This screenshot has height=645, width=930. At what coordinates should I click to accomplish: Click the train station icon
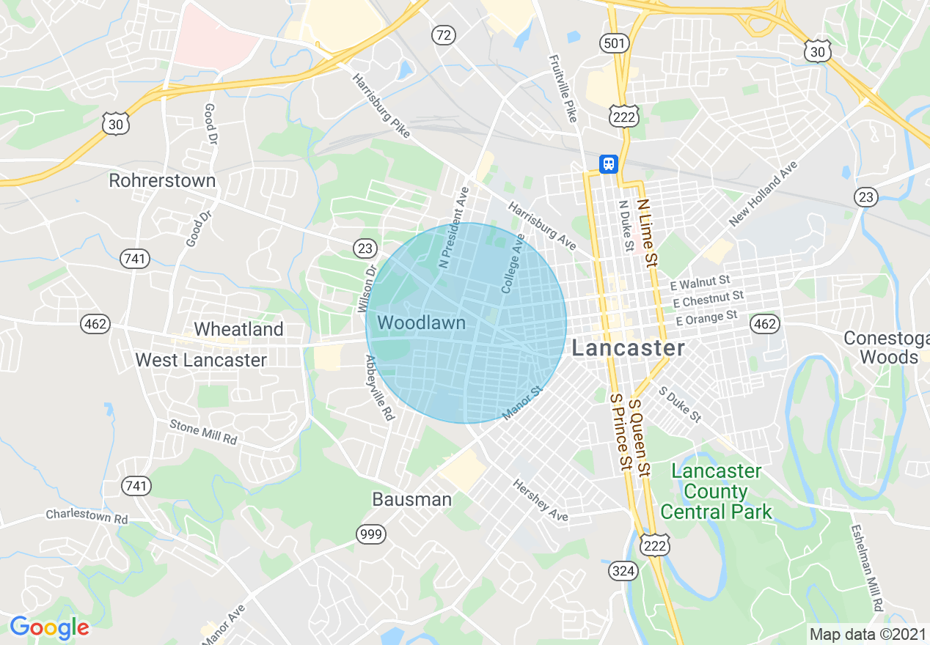click(x=608, y=163)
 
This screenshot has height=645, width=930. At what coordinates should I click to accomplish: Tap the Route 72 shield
click(x=444, y=34)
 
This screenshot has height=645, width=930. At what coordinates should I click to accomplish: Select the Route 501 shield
click(x=614, y=44)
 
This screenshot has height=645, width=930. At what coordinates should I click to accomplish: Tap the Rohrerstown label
click(x=162, y=180)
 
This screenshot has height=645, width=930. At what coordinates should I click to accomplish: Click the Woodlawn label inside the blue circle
click(x=421, y=322)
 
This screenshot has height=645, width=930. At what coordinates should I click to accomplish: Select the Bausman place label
click(x=411, y=500)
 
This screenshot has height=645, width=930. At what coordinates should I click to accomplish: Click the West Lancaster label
click(x=201, y=360)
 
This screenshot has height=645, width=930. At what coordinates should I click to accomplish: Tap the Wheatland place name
click(x=238, y=329)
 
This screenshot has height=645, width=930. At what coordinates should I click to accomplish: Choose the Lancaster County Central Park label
click(x=717, y=491)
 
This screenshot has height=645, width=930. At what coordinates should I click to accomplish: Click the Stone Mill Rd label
click(x=204, y=432)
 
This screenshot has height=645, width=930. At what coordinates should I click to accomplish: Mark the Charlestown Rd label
click(x=87, y=516)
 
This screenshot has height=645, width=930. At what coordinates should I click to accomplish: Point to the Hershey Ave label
click(x=541, y=501)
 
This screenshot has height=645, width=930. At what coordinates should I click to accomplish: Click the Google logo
click(x=49, y=627)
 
